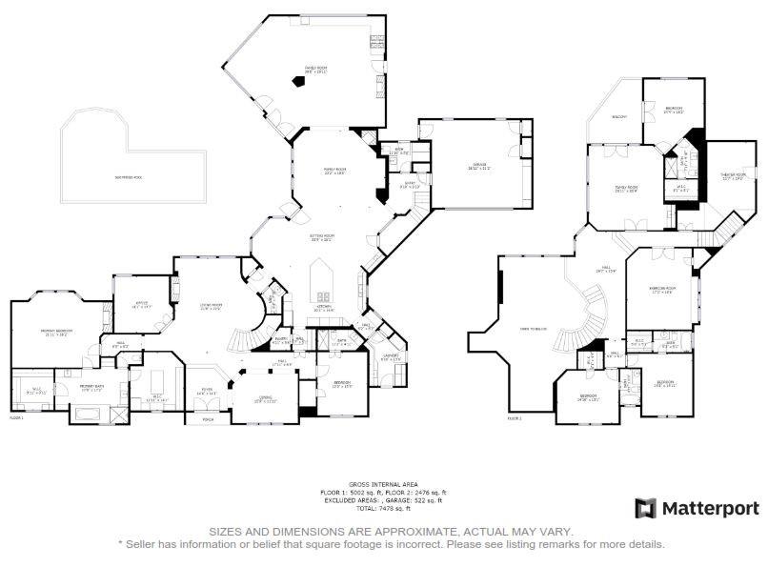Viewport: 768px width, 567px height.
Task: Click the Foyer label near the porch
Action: (x=207, y=391)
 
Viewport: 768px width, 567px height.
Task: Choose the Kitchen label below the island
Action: (x=325, y=307)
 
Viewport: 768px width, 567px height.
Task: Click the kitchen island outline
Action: (x=324, y=281)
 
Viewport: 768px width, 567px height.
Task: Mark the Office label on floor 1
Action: (x=141, y=304)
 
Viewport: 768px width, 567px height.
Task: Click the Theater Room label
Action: (x=733, y=176)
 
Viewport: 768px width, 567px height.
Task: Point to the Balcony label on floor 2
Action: (x=619, y=116)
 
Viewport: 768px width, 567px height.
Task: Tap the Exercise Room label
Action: (x=662, y=289)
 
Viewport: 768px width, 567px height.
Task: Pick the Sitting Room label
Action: (x=322, y=237)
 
